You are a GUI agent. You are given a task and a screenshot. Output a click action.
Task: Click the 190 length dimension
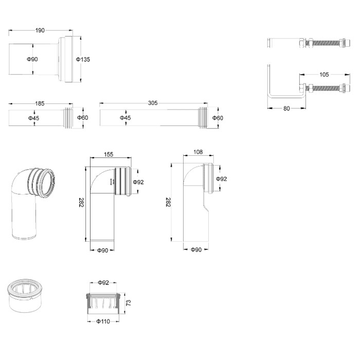click(40, 30)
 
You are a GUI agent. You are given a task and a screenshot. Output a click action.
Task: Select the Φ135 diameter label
click(83, 60)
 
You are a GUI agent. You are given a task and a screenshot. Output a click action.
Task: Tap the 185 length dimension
click(40, 103)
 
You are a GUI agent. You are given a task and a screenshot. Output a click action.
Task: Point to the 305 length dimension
click(153, 103)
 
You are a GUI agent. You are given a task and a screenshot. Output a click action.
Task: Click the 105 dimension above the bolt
click(324, 75)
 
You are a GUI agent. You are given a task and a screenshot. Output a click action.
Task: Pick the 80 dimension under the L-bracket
click(286, 109)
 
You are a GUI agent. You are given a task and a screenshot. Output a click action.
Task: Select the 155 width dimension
click(109, 154)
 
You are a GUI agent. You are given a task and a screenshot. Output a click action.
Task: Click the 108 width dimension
click(198, 152)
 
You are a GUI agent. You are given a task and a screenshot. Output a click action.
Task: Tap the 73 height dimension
click(129, 302)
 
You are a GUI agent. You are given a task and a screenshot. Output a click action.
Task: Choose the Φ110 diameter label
click(103, 321)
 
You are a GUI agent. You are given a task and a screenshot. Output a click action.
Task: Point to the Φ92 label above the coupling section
click(103, 283)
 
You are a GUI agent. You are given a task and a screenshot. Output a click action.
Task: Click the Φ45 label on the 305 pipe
click(125, 118)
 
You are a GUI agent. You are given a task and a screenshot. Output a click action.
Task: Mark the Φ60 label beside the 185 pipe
click(83, 118)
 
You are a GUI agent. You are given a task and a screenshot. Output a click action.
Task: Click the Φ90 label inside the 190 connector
click(32, 59)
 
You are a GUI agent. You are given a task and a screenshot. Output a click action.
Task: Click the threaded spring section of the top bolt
click(327, 43)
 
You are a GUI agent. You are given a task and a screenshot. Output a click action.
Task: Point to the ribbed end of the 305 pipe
click(203, 118)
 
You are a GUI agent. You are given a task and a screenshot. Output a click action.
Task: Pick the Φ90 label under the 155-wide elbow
click(103, 250)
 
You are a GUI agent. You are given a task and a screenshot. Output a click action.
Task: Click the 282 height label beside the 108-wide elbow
click(168, 202)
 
